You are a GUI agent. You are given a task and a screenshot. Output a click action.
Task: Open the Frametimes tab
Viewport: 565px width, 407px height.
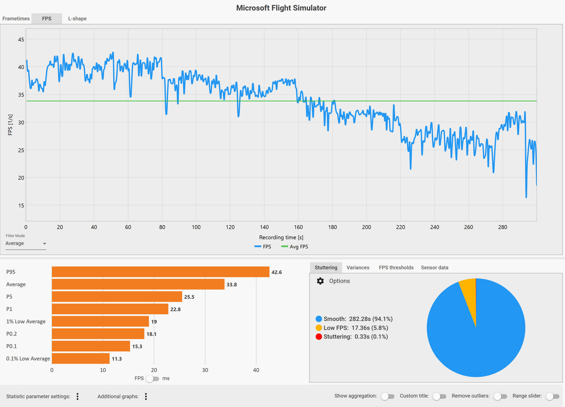pyautogui.click(x=16, y=18)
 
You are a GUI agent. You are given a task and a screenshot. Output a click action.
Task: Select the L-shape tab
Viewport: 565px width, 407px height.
pyautogui.click(x=77, y=18)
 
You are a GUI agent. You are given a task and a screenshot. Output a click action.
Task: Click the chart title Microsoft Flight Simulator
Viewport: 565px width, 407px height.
pyautogui.click(x=281, y=8)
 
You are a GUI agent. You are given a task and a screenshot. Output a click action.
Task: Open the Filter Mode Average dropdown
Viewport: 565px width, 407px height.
pyautogui.click(x=26, y=243)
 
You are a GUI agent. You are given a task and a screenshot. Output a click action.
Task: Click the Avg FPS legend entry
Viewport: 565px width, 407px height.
pyautogui.click(x=295, y=247)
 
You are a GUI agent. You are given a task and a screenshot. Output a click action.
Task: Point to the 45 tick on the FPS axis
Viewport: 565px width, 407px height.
pyautogui.click(x=21, y=40)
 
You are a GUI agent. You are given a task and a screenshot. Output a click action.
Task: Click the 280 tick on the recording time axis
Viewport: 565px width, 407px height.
pyautogui.click(x=503, y=227)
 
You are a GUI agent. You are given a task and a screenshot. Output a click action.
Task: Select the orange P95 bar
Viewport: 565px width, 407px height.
pyautogui.click(x=160, y=272)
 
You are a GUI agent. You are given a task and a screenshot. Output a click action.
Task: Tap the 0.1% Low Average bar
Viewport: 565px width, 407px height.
pyautogui.click(x=81, y=358)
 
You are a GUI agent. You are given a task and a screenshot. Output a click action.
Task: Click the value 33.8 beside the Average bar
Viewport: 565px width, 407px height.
pyautogui.click(x=231, y=285)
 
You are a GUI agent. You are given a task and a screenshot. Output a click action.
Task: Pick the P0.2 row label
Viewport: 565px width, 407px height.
pyautogui.click(x=12, y=334)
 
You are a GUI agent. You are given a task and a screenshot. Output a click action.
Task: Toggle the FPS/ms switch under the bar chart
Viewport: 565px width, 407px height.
pyautogui.click(x=152, y=378)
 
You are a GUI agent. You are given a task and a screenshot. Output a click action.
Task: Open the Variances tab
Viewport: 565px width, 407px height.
pyautogui.click(x=358, y=268)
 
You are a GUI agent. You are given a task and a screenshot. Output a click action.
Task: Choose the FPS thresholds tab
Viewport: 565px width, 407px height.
pyautogui.click(x=396, y=268)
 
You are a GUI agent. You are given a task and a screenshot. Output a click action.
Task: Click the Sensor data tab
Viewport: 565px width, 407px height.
pyautogui.click(x=434, y=268)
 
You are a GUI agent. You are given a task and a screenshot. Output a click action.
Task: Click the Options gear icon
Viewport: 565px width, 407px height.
pyautogui.click(x=320, y=281)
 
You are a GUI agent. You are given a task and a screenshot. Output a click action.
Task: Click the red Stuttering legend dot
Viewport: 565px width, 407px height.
pyautogui.click(x=319, y=337)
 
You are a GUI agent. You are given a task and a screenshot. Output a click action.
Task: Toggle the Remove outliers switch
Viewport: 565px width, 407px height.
pyautogui.click(x=500, y=396)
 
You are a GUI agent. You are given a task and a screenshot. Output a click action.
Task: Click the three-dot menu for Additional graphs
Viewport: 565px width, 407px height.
pyautogui.click(x=146, y=396)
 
